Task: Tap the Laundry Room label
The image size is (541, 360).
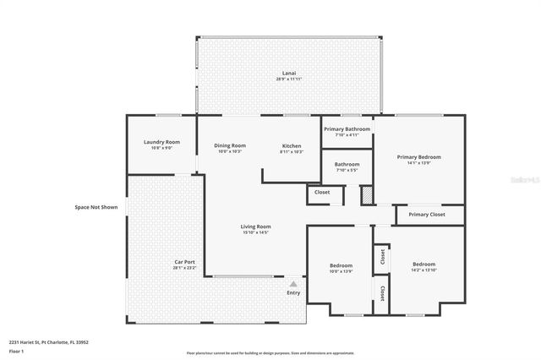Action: point(161,142)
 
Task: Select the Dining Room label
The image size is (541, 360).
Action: point(230,146)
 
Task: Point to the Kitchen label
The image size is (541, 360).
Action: point(291,146)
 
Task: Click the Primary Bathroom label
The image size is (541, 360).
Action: point(347,129)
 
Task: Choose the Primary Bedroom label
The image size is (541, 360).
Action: point(419,157)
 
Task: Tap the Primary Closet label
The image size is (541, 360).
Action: point(427,215)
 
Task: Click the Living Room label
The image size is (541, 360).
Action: point(255,226)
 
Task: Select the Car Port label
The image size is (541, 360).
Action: point(185,263)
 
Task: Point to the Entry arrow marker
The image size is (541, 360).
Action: point(293,284)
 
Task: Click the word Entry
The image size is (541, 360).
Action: point(293,292)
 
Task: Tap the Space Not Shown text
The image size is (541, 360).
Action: point(96,206)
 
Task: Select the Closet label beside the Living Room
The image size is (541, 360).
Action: point(322,192)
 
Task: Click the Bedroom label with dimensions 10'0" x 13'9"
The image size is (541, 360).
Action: point(341,267)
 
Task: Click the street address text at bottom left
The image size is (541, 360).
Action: point(49,342)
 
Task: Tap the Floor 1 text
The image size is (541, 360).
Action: point(16,350)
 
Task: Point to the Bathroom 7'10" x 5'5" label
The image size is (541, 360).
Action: point(347,165)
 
